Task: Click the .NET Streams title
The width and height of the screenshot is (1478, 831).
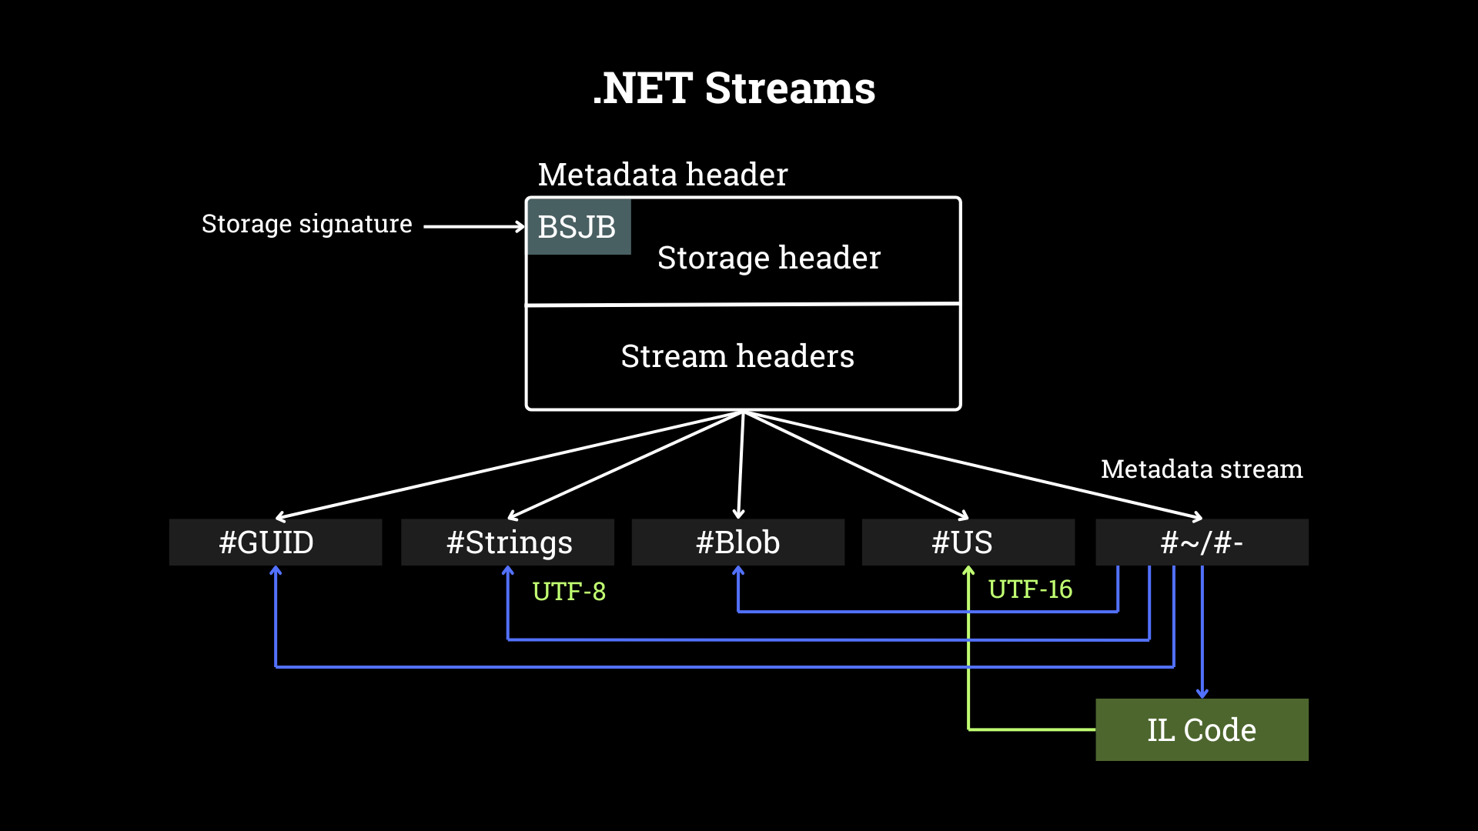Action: (734, 88)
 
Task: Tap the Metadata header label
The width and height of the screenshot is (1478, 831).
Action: (662, 175)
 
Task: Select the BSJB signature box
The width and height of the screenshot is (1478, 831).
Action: (578, 227)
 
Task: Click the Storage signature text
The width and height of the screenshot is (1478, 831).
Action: (306, 224)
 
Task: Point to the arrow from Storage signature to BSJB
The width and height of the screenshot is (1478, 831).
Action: (473, 227)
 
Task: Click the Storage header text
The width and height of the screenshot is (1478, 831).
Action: (768, 258)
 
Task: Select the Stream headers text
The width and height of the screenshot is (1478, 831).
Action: (737, 356)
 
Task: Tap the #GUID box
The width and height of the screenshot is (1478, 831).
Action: (275, 542)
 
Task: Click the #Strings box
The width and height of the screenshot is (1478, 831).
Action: (507, 542)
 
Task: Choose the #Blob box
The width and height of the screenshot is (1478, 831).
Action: (737, 542)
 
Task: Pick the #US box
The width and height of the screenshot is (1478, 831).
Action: (968, 542)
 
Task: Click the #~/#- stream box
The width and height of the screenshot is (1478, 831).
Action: (1201, 542)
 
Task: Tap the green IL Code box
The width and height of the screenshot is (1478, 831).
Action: (1201, 729)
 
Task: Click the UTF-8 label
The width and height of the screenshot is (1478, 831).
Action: (569, 592)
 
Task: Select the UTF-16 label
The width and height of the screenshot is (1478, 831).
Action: (1030, 589)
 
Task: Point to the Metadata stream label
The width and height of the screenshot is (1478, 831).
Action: (1201, 469)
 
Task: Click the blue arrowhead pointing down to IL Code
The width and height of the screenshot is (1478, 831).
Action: (1202, 693)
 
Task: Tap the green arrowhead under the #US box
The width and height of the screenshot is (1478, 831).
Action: (968, 571)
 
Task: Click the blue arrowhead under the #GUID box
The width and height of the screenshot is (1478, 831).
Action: (276, 571)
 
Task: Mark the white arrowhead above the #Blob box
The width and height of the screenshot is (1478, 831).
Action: (738, 514)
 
